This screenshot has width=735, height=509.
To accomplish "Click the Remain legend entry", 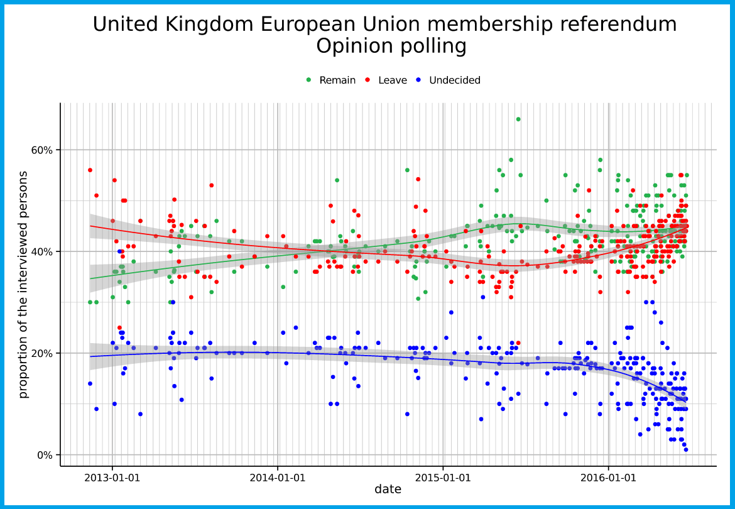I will pyautogui.click(x=337, y=80).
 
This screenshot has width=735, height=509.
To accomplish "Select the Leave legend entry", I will pyautogui.click(x=393, y=80).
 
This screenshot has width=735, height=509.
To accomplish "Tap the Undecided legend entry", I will pyautogui.click(x=454, y=80).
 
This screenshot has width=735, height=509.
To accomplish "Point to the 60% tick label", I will pyautogui.click(x=43, y=150).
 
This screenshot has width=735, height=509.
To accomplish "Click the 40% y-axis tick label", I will pyautogui.click(x=43, y=251).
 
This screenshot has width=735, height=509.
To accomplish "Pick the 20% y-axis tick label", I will pyautogui.click(x=43, y=353).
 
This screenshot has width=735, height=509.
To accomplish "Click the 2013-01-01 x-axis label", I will pyautogui.click(x=112, y=478).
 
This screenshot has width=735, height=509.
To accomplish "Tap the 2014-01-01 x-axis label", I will pyautogui.click(x=278, y=478).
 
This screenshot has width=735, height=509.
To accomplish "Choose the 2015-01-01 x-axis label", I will pyautogui.click(x=444, y=478).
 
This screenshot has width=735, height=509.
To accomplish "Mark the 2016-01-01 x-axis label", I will pyautogui.click(x=609, y=478).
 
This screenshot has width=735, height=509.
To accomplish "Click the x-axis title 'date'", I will pyautogui.click(x=388, y=490).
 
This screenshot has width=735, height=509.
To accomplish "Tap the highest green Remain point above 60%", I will pyautogui.click(x=518, y=119).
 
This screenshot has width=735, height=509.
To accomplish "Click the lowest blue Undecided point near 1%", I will pyautogui.click(x=686, y=449).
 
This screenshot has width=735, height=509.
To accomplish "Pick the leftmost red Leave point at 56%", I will pyautogui.click(x=90, y=170).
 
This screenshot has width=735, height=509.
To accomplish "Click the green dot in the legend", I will pyautogui.click(x=308, y=80).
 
